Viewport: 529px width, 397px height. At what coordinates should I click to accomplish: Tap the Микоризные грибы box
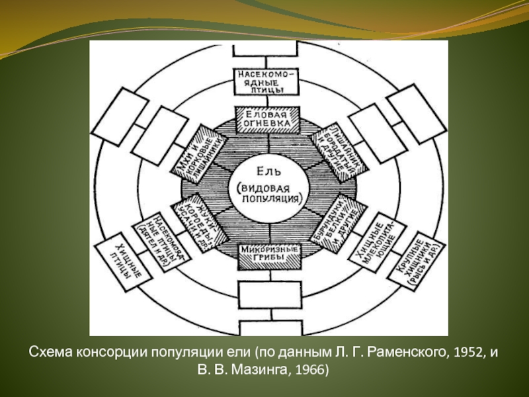pos(268,252)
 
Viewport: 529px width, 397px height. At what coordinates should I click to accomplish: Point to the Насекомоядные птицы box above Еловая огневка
pos(268,82)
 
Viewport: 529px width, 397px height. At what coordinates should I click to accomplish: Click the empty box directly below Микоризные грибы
pos(268,294)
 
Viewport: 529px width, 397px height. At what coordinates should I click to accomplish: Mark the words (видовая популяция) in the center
pos(268,193)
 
